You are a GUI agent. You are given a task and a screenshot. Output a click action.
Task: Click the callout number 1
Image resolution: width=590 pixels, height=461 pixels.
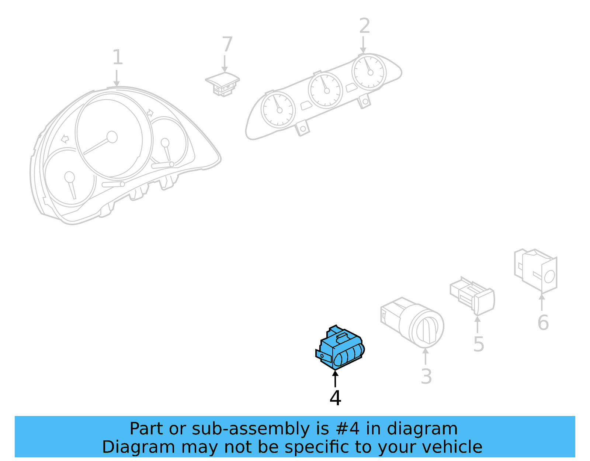pos(118,57)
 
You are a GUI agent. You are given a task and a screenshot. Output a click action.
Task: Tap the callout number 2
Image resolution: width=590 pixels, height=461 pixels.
pos(364,26)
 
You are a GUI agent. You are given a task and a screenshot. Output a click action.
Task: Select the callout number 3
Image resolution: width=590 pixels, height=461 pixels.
pos(426,376)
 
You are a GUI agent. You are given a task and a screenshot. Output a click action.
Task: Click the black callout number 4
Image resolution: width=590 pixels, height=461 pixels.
pos(335,398)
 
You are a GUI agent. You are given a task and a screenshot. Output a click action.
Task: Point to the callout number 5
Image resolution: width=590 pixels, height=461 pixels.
pos(478,344)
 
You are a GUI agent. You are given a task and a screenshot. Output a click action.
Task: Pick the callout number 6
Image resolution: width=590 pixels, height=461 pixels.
pos(543,323)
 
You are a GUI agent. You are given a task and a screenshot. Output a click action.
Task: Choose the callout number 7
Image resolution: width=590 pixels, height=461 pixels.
pos(227,44)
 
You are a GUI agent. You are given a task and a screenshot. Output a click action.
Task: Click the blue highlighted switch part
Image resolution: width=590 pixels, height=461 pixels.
pos(340,347)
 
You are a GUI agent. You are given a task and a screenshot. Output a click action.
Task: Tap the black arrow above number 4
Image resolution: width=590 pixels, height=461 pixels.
pos(335,378)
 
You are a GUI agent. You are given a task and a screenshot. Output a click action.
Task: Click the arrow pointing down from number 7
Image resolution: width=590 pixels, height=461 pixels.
pos(225,64)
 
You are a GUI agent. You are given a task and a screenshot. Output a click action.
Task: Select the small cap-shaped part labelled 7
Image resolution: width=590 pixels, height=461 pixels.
pos(222,84)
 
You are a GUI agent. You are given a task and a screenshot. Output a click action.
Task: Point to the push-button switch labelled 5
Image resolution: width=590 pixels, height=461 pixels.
pos(472,296)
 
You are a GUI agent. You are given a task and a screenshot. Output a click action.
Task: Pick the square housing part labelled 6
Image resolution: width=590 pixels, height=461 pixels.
pos(535,271)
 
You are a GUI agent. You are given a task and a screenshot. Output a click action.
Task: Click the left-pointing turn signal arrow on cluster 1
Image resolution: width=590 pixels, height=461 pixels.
pos(65,139)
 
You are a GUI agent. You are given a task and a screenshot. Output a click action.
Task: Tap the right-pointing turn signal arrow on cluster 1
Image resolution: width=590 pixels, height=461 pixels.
pos(150,113)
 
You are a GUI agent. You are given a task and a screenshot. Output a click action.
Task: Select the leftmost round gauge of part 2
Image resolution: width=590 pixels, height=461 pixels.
pos(278,110)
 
